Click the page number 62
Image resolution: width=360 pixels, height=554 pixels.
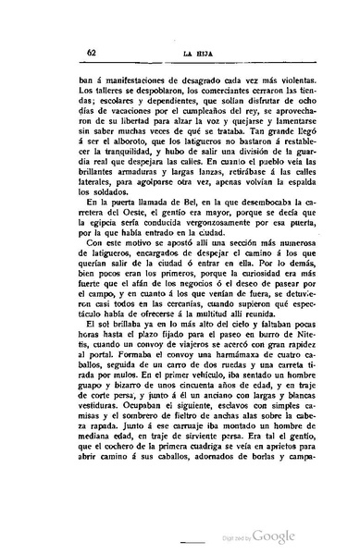[x=63, y=54]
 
